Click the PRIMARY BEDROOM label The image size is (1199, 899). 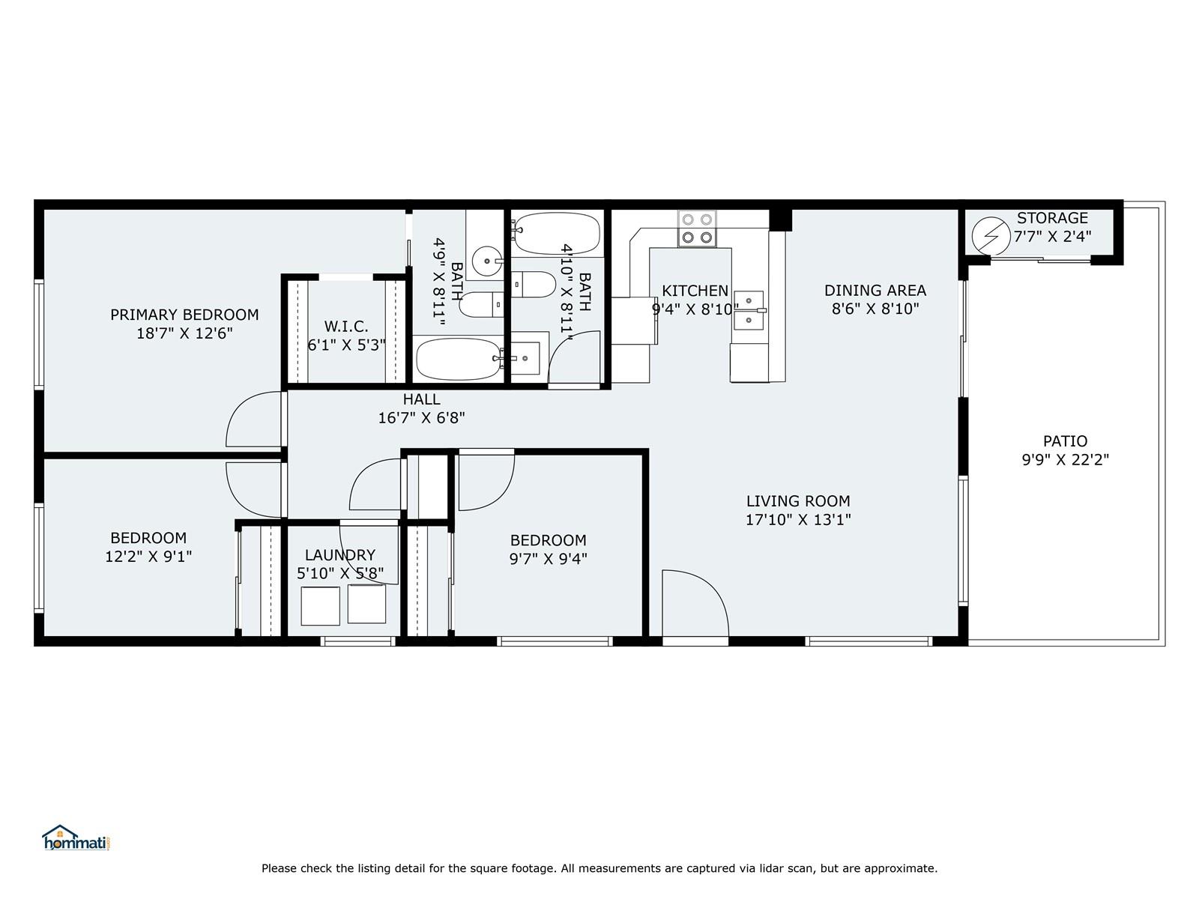(x=184, y=315)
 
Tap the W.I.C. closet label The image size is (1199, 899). (x=346, y=327)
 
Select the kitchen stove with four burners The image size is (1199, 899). (x=697, y=228)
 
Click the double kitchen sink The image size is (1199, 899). (x=749, y=311)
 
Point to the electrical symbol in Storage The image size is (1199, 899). (x=991, y=236)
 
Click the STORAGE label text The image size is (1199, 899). (x=1052, y=218)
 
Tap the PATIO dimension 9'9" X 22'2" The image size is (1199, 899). (x=1065, y=459)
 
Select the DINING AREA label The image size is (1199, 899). (x=875, y=291)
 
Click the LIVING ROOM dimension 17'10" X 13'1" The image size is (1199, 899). (x=798, y=519)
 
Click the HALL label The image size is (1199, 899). (x=421, y=399)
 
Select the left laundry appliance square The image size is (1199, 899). (x=320, y=606)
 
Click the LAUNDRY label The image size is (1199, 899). (x=339, y=555)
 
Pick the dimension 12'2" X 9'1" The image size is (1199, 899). (x=148, y=556)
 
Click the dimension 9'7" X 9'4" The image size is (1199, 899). (x=548, y=558)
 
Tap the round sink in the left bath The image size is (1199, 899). (x=487, y=261)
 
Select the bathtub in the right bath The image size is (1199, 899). (x=557, y=234)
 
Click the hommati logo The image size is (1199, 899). (x=76, y=838)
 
